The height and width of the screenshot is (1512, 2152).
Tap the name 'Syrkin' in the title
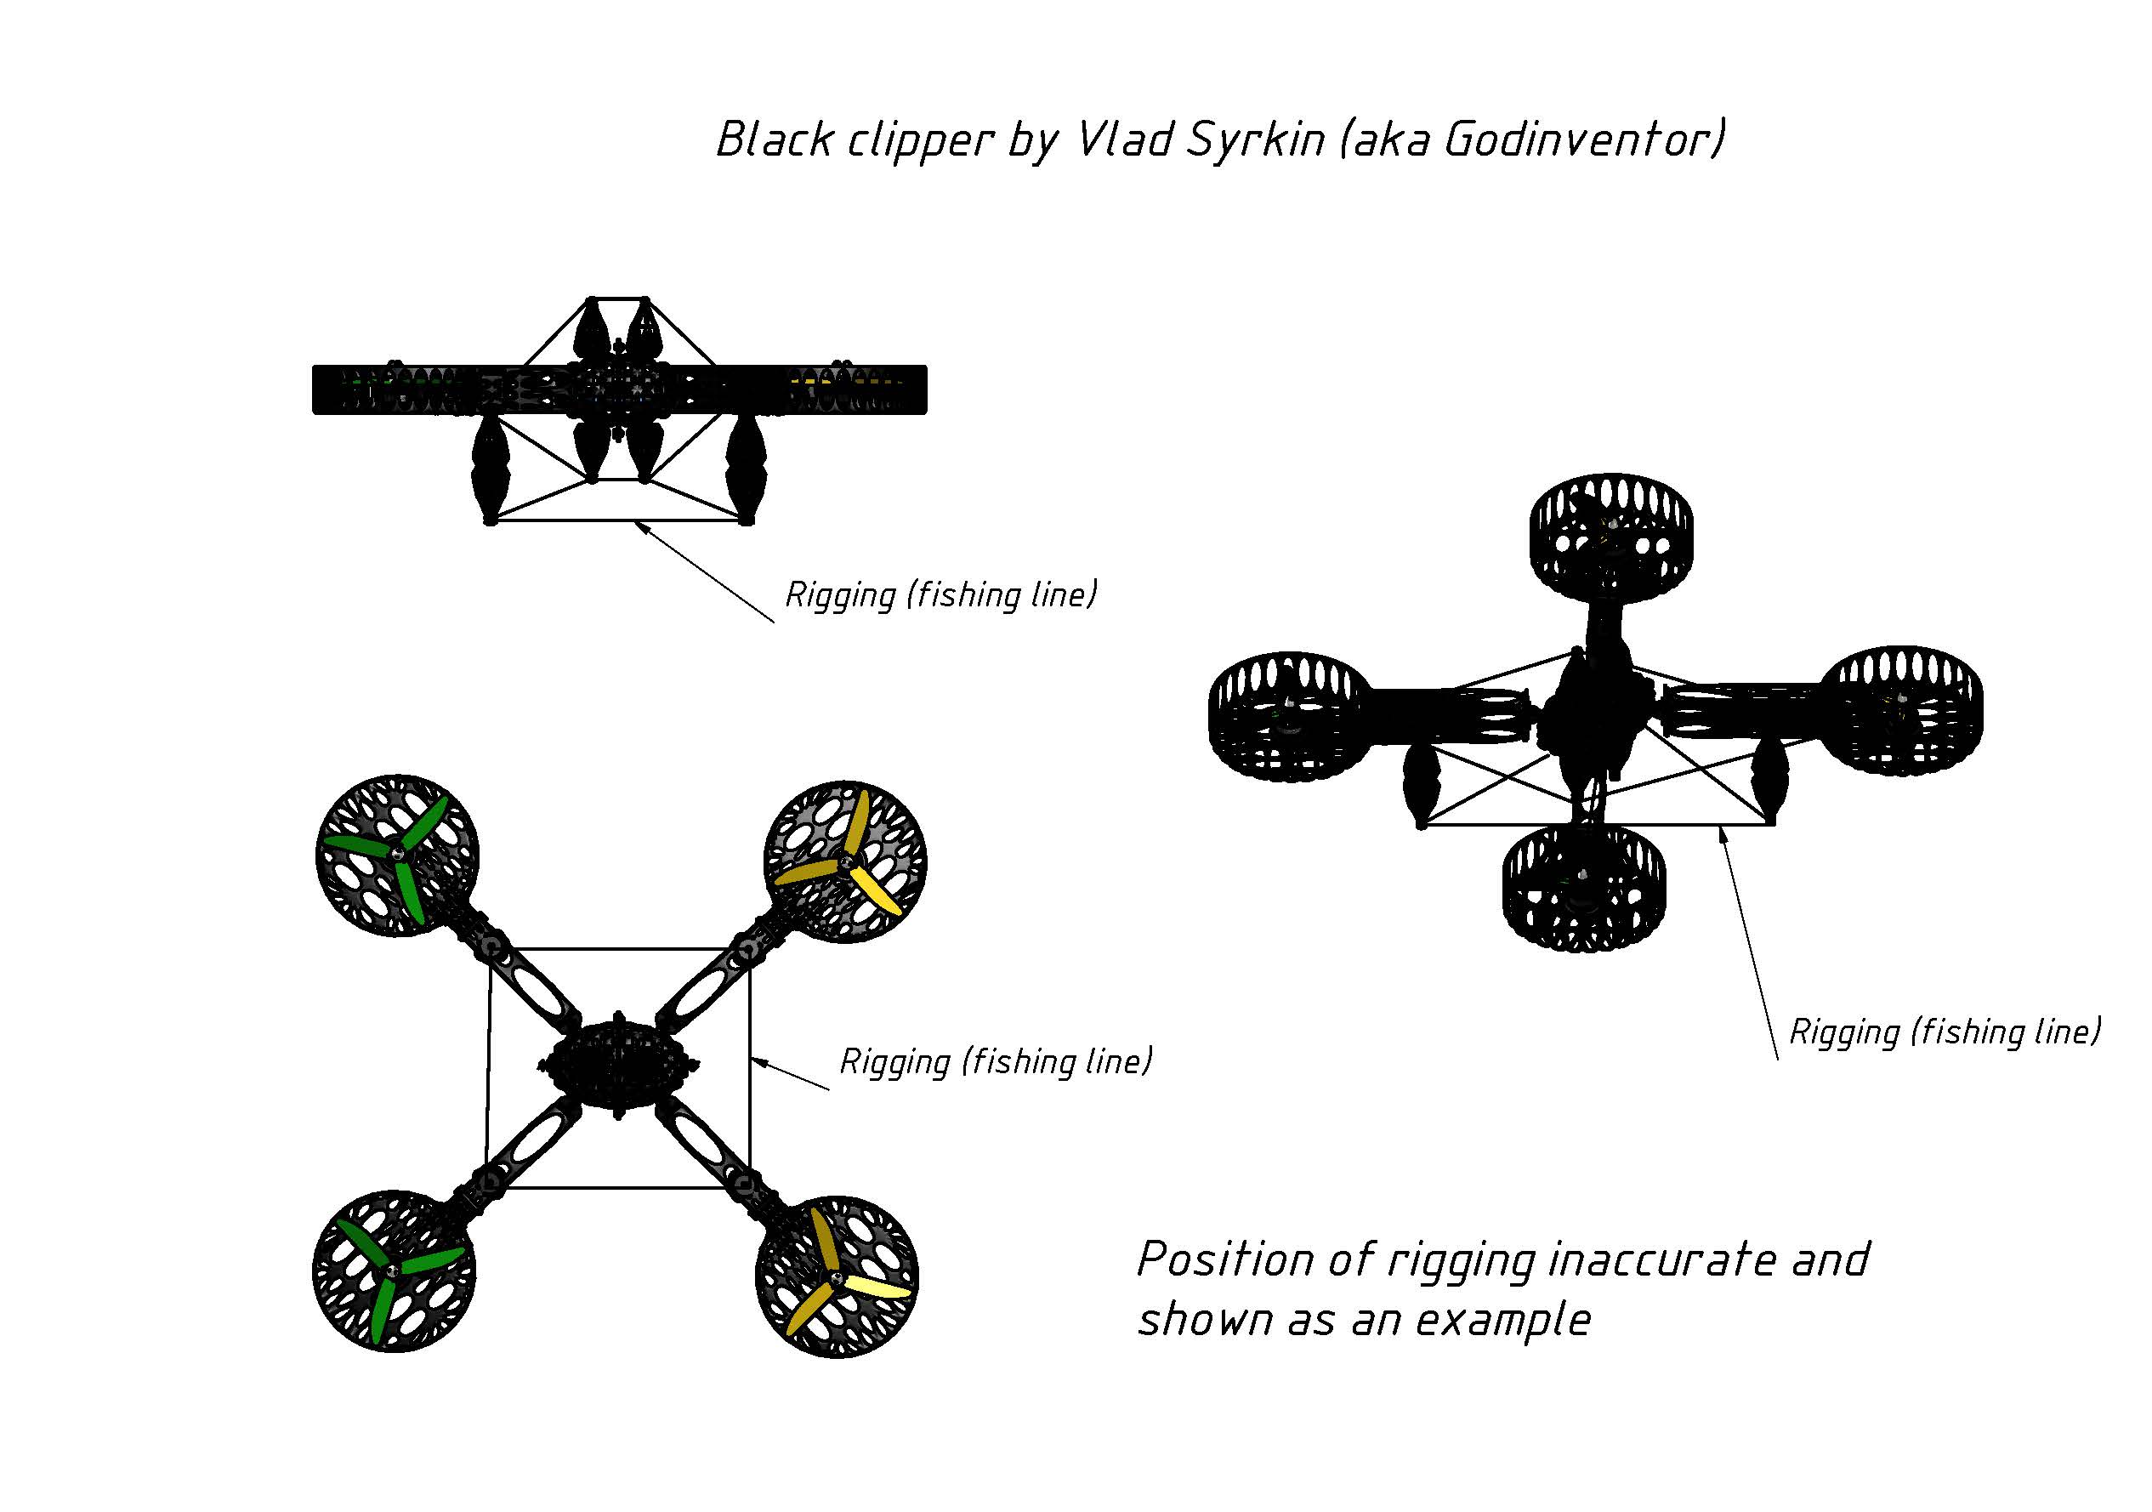[1255, 140]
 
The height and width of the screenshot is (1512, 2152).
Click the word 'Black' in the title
[775, 140]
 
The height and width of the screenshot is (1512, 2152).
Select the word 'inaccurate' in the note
[1661, 1259]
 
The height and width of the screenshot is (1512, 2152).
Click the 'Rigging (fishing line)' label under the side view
[941, 594]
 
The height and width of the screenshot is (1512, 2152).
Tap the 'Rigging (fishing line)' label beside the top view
[996, 1061]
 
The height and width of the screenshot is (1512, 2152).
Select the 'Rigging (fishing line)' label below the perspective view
[1945, 1032]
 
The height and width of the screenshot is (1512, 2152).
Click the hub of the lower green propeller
[392, 1270]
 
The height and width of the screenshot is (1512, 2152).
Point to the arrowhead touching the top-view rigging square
[758, 1062]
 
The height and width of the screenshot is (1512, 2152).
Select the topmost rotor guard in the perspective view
[1610, 537]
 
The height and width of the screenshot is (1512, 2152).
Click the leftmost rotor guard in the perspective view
[1287, 717]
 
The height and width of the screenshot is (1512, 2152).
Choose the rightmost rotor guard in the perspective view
[1903, 709]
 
